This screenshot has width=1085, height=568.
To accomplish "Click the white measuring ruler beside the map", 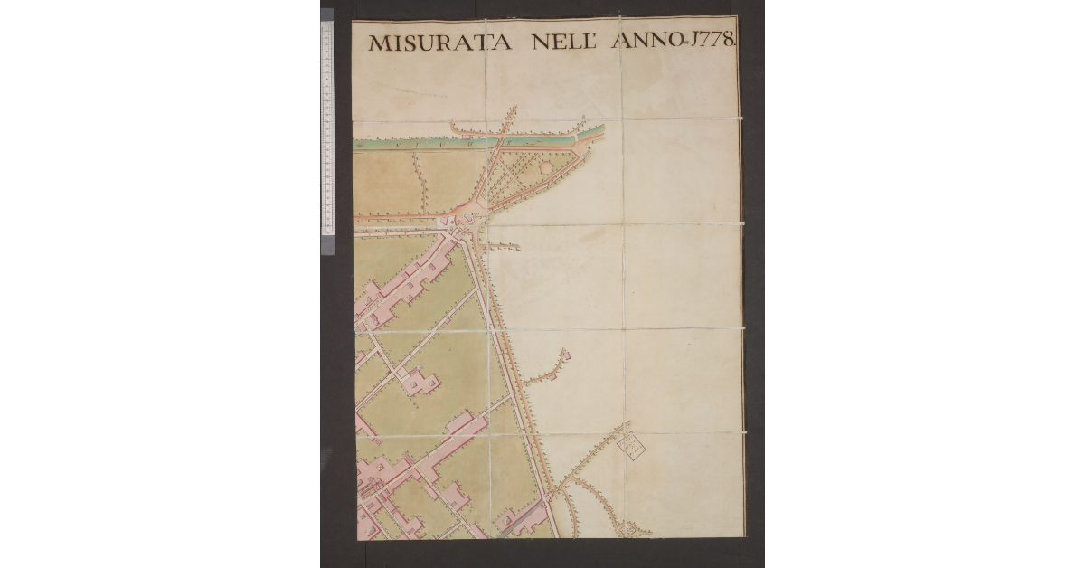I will point(327,127).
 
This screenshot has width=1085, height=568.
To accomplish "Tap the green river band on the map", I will point(425,143).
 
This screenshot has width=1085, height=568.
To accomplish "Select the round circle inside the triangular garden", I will point(546,167).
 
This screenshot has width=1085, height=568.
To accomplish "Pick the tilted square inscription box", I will point(630,443).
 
